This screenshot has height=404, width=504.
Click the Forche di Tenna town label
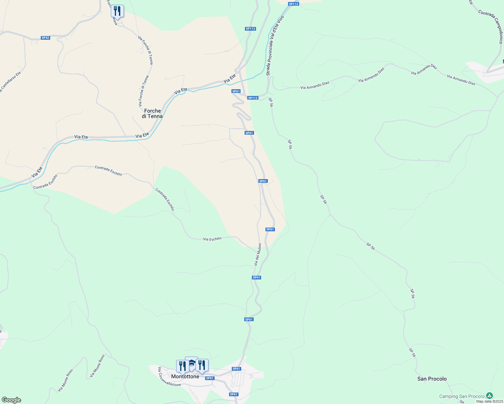[152, 113]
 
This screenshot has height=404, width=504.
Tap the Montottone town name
[185, 376]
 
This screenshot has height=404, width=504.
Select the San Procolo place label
[432, 379]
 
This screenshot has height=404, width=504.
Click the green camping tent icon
[490, 396]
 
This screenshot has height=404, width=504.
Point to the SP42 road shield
[45, 38]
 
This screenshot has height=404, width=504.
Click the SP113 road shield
[250, 29]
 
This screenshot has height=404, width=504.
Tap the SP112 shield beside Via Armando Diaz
[253, 98]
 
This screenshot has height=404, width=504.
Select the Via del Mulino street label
[258, 255]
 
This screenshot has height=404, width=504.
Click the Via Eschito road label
[212, 239]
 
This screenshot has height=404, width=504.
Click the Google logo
[11, 400]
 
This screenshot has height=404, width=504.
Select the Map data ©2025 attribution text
[490, 401]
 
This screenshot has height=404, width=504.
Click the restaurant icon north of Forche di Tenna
[117, 11]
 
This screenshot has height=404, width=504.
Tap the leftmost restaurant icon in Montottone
[182, 366]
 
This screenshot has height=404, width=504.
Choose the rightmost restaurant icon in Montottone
[202, 365]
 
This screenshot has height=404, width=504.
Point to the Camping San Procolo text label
[462, 396]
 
